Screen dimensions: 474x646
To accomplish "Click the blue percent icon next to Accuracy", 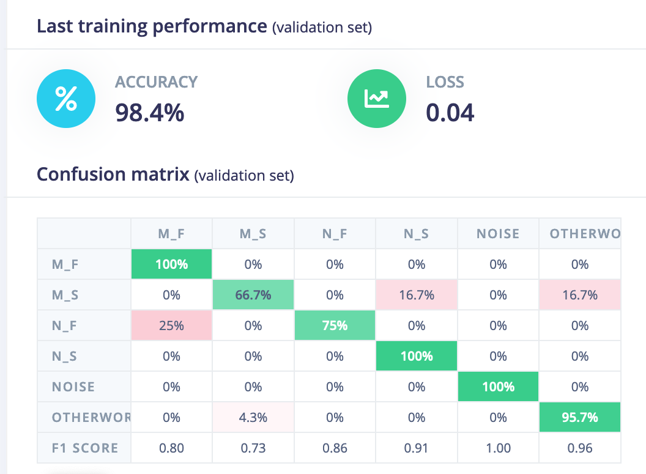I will point(66,99).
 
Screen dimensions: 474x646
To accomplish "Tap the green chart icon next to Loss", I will point(376,99).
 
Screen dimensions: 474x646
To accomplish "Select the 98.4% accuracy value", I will point(150,113).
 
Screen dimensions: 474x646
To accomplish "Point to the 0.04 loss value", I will point(450,113).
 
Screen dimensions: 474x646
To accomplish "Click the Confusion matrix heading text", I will point(113,175).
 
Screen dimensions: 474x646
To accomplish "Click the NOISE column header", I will point(498,233).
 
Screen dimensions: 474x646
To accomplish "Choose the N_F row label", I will point(64,326).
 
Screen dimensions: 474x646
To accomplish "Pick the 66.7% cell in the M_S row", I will point(253,295).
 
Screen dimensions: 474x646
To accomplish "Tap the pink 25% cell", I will point(172,326).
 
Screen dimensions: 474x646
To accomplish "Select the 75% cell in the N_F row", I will point(335,326).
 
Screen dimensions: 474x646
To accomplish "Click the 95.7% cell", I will point(580,418).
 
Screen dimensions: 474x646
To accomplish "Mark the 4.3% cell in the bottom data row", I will point(253,418).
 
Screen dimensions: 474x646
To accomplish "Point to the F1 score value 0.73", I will point(253,448).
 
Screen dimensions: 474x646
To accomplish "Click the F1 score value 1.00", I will point(498,448).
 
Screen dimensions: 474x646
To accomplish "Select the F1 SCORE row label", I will point(84,448).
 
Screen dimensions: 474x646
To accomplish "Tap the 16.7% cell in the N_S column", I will point(417,295).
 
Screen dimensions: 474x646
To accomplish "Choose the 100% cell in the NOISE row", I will point(498,387).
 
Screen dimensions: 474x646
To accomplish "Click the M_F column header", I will point(172,233).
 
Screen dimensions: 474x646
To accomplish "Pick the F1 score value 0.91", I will point(417,448).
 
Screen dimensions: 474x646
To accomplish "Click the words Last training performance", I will point(152,27).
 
